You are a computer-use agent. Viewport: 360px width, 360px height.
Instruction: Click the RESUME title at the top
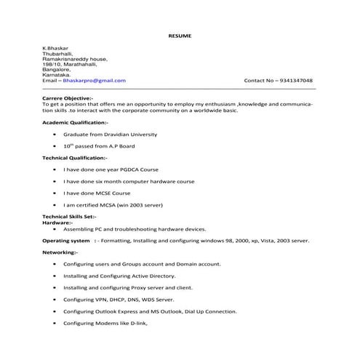[179, 35]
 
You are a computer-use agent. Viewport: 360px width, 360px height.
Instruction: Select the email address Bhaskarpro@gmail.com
[98, 80]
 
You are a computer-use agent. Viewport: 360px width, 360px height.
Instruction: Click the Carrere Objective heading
[68, 97]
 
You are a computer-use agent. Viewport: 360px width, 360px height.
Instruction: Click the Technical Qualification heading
[75, 157]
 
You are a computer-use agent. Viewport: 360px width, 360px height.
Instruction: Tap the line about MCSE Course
[97, 193]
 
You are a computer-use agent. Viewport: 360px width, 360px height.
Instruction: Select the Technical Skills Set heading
[69, 217]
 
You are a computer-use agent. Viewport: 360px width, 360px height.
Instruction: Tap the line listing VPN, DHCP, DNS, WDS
[118, 300]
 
